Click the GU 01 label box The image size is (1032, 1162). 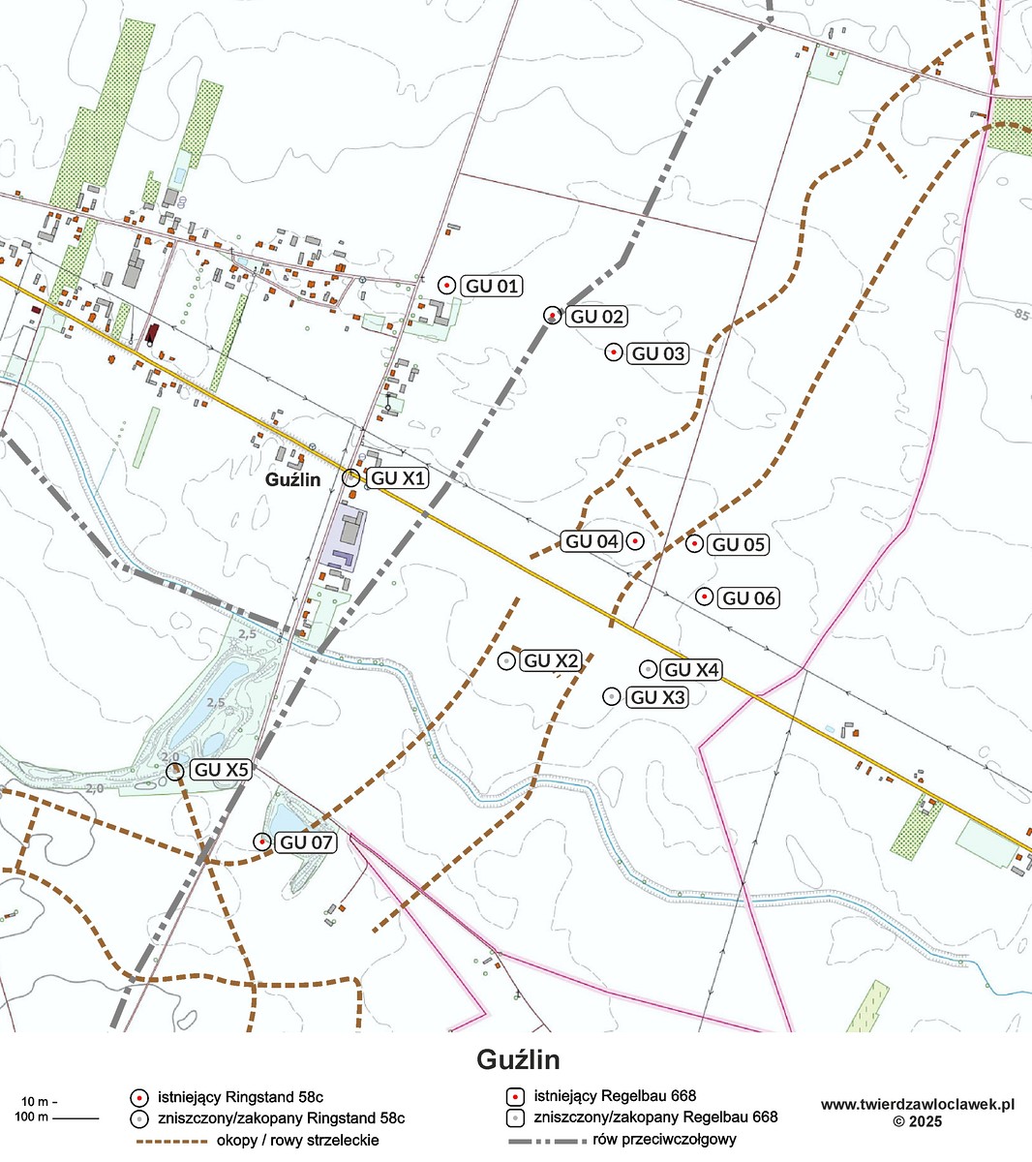[x=492, y=286]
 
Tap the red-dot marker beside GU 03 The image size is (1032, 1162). [x=613, y=352]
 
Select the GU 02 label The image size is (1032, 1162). [x=596, y=317]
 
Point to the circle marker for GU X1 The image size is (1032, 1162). [x=351, y=477]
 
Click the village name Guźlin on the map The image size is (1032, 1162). [x=293, y=479]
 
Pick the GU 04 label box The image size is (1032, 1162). [x=592, y=541]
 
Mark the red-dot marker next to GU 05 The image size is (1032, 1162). [x=694, y=544]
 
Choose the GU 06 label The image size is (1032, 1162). [x=748, y=598]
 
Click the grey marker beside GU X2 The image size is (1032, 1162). [x=505, y=661]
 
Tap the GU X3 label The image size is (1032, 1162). [x=657, y=697]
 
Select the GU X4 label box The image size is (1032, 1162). [x=691, y=670]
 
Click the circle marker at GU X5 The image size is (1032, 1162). [x=175, y=771]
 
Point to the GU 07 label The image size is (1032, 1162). [x=307, y=842]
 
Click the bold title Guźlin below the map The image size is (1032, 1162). [x=518, y=1059]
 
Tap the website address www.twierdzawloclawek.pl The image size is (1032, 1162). [x=917, y=1104]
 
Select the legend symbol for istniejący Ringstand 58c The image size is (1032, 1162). [x=139, y=1097]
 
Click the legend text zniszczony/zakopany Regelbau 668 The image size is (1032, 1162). [x=655, y=1117]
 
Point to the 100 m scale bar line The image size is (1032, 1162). [x=76, y=1118]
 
